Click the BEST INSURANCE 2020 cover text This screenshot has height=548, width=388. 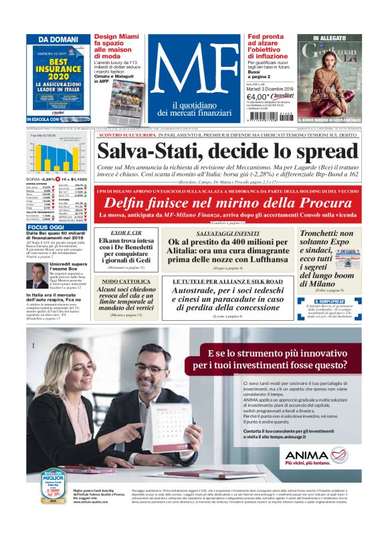click(52, 69)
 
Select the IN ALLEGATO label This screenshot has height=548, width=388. click(335, 39)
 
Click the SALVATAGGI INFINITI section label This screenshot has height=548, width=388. click(228, 232)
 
